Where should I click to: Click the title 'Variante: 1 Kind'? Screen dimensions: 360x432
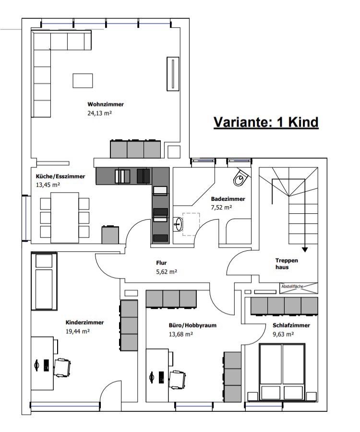266,122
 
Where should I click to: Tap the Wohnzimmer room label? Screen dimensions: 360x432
106,104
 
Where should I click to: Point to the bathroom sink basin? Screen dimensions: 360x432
179,223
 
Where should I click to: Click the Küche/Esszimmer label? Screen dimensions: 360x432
57,176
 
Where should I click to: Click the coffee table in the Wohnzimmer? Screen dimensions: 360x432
83,80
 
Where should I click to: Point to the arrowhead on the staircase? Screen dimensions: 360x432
304,249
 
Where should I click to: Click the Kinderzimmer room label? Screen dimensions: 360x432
84,322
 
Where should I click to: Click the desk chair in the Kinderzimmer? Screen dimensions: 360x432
62,367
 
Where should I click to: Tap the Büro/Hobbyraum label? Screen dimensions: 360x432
192,325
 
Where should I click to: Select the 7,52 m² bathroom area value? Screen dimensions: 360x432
221,208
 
